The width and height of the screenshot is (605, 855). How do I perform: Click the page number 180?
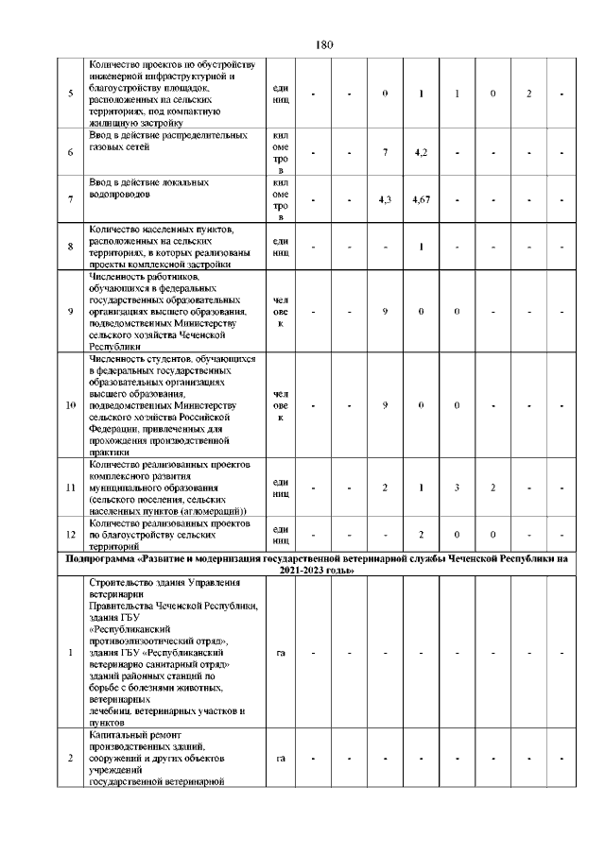(x=302, y=44)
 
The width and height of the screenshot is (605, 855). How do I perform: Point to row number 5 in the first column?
(x=71, y=94)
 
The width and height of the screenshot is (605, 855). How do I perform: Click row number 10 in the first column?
(x=71, y=405)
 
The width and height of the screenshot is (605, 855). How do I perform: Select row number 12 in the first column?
(x=71, y=535)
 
